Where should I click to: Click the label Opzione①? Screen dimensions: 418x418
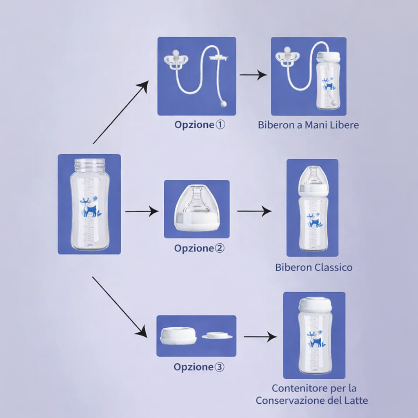point(200,125)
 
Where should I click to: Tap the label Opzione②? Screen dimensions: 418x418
point(199,248)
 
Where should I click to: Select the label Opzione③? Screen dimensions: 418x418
point(199,367)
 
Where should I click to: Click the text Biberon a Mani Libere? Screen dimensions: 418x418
point(308,125)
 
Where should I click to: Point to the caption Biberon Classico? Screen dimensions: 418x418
point(313,267)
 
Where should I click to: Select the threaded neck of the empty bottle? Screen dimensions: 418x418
point(89,165)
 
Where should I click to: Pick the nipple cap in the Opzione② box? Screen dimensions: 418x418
point(196,208)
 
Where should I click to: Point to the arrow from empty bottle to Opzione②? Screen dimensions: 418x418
point(142,211)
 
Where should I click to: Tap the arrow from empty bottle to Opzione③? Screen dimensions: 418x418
point(120,307)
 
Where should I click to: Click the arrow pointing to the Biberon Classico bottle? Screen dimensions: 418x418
point(255,211)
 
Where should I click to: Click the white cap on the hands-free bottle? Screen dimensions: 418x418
point(328,56)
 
